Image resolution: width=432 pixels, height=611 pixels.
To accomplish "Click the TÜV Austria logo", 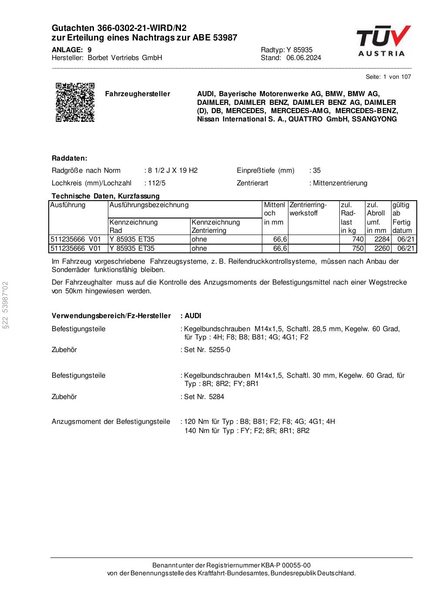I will [383, 41].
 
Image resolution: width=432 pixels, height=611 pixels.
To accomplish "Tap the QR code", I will [75, 102].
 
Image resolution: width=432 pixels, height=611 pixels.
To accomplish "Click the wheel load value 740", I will [358, 239].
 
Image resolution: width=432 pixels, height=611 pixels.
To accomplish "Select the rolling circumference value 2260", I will [382, 248].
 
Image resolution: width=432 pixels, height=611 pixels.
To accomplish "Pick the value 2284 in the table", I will [382, 239].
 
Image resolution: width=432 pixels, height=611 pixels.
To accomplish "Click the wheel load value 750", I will [358, 248].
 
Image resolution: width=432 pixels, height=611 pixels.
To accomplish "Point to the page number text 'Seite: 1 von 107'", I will [388, 77].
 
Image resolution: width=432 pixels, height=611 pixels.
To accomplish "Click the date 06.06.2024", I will [303, 58].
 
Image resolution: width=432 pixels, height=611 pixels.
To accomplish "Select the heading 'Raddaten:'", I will [70, 158].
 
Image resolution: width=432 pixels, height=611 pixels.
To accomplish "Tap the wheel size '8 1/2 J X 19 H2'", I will [173, 171].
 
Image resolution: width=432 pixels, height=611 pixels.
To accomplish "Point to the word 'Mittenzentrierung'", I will [340, 183].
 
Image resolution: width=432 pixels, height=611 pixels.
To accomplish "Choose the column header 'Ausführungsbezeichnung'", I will [149, 205].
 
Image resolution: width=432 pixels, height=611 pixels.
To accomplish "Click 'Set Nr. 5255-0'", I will [207, 350].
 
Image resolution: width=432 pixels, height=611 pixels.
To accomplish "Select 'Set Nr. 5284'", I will [204, 397].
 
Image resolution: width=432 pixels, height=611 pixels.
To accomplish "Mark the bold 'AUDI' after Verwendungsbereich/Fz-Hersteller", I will [193, 316].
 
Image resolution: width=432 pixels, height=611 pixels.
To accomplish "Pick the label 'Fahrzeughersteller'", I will [137, 94].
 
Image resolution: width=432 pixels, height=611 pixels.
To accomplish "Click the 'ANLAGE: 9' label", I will [71, 50].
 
